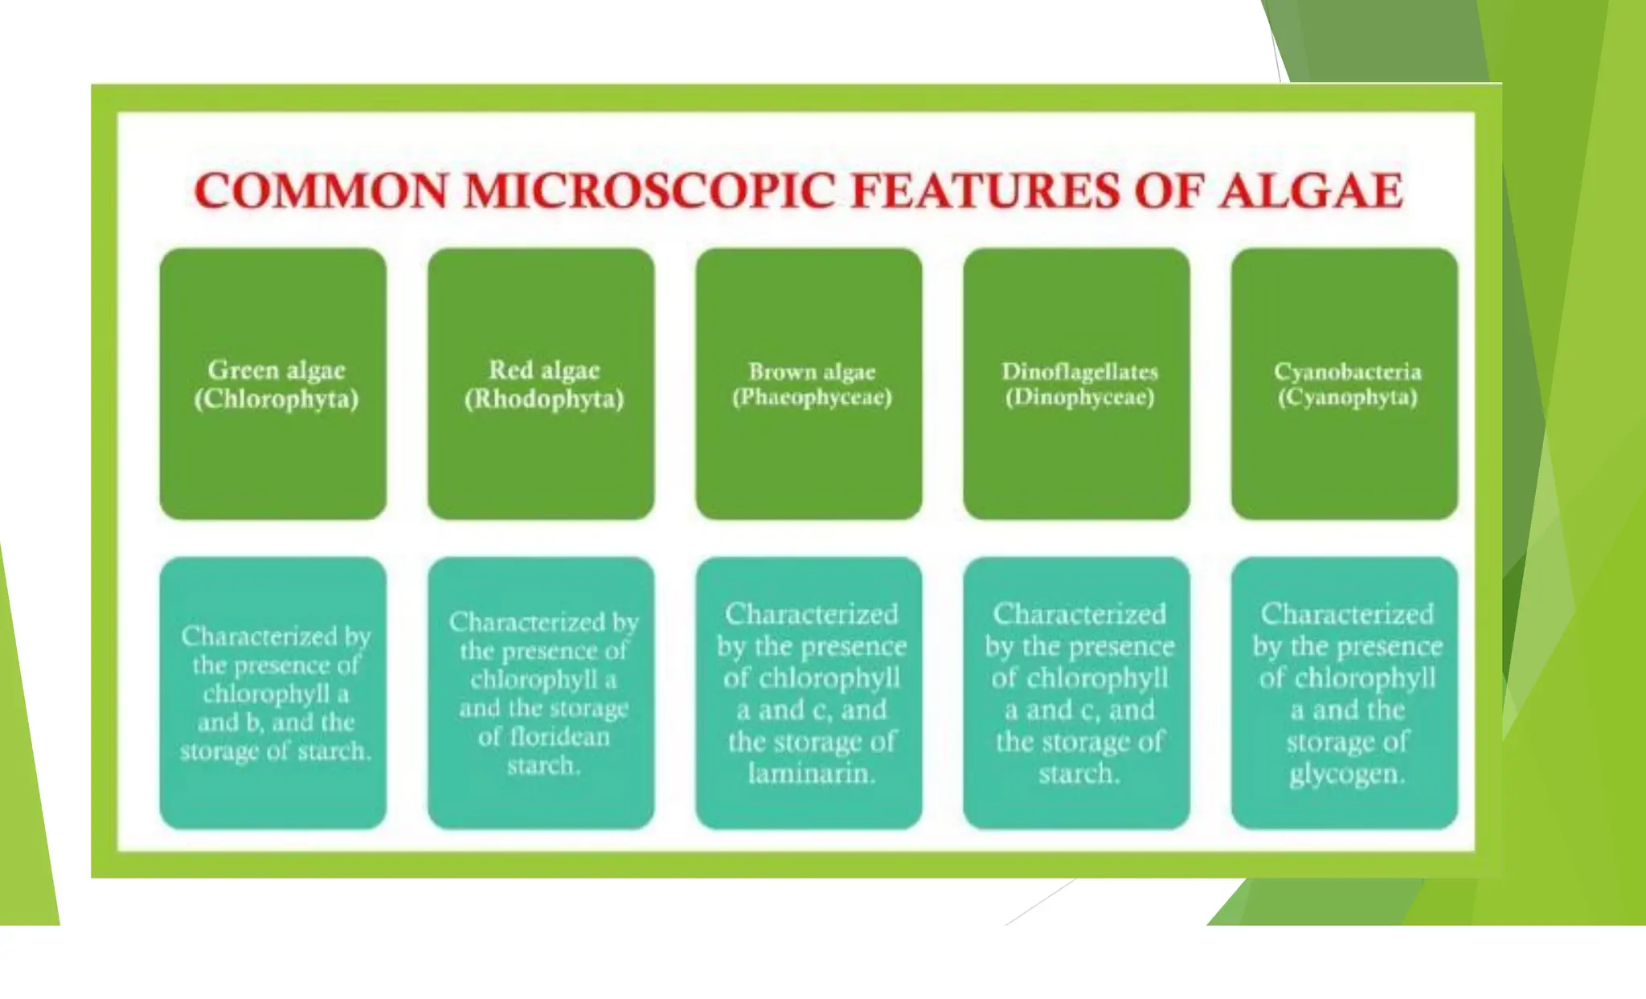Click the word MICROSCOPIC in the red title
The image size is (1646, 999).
coord(649,191)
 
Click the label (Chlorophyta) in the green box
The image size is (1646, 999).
coord(276,399)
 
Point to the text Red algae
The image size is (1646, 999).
coord(544,370)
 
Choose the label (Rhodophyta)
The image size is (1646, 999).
coord(544,399)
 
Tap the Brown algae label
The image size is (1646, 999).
coord(812,371)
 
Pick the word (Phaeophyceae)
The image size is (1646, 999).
coord(812,397)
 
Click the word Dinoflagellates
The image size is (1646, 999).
coord(1079,371)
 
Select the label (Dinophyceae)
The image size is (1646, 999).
coord(1079,397)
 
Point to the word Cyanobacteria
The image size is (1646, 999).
coord(1347,371)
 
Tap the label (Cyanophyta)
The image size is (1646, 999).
coord(1347,397)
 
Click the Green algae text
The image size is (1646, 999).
coord(276,370)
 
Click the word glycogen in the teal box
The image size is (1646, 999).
coord(1346,773)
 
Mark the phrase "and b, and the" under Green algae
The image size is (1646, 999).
coord(276,722)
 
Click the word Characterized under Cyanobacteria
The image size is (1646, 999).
coord(1347,614)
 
